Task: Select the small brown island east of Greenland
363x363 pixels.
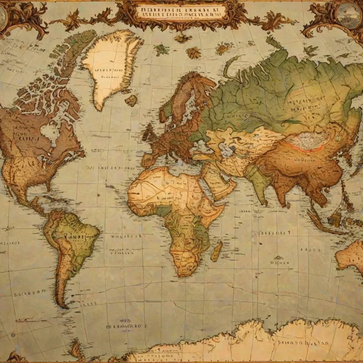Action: pyautogui.click(x=132, y=100)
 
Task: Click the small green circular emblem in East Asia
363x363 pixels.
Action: pyautogui.click(x=337, y=139)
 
